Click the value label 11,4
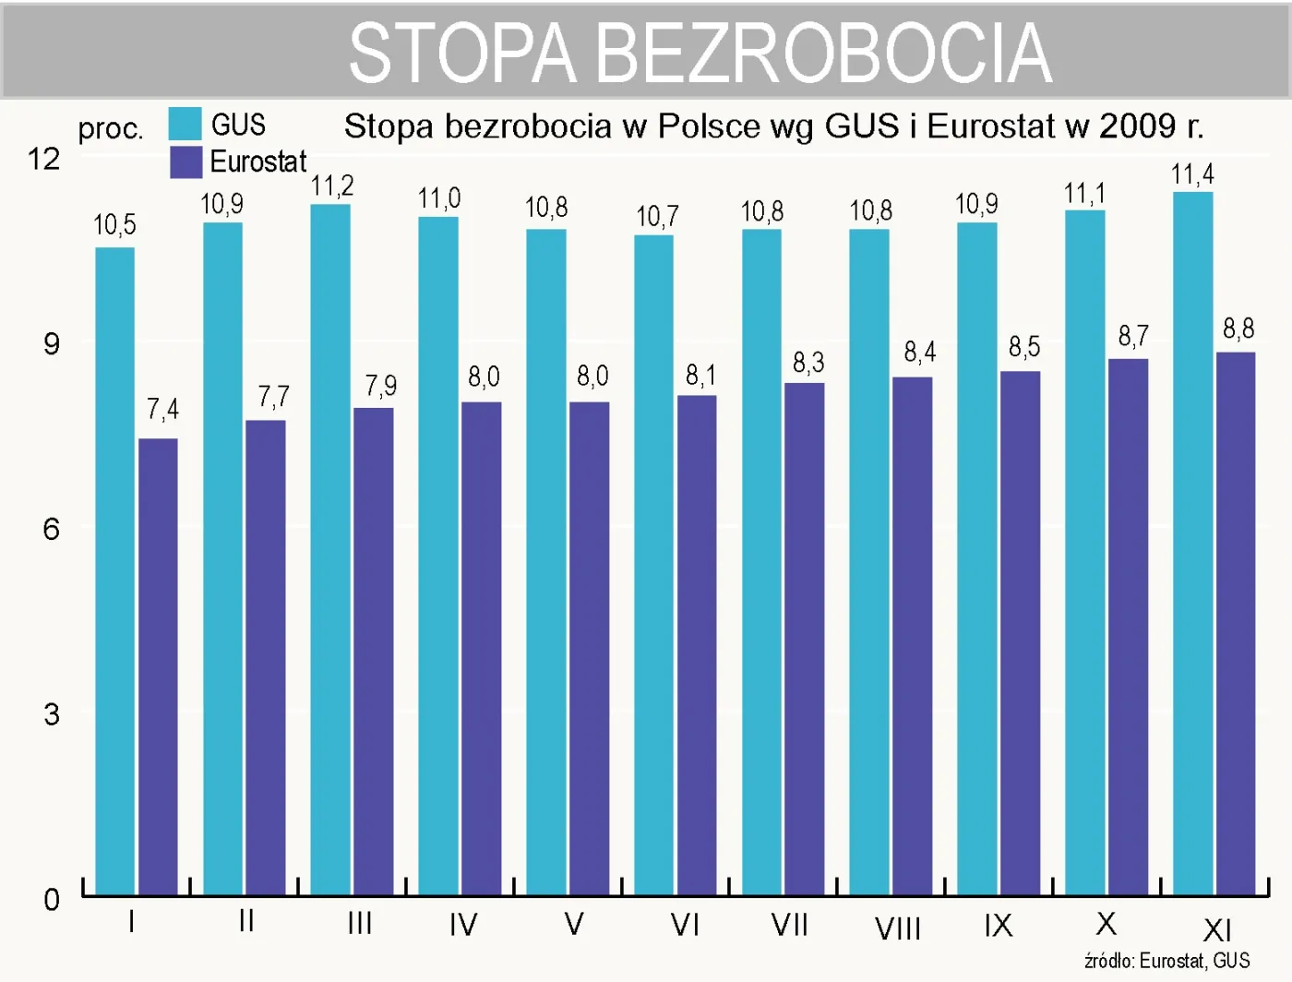coord(1192,174)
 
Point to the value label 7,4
coord(162,410)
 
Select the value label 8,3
coord(808,363)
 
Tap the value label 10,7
coord(657,217)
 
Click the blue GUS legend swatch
coord(185,124)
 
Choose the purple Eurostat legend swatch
coord(185,162)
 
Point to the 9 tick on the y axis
coord(52,344)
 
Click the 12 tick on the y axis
coord(43,159)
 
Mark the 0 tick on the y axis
coord(52,899)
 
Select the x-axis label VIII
coord(898,928)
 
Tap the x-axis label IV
coord(463,925)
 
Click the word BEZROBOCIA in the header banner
coord(823,54)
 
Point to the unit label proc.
coord(111,128)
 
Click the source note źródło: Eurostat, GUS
coord(1166,961)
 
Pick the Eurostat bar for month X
coord(1128,627)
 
